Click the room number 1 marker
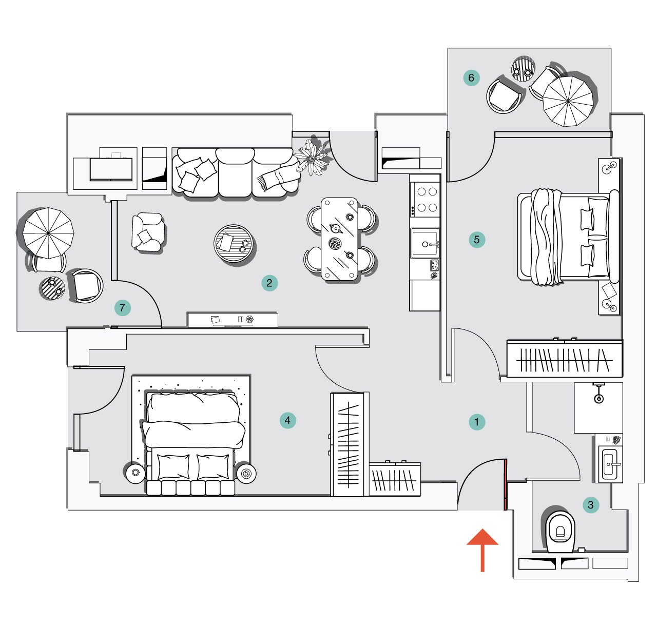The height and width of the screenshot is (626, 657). coord(477,422)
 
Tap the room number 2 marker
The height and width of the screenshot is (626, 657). coord(269,283)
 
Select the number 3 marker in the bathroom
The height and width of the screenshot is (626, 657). coord(591,504)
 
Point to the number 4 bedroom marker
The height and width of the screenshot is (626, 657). coord(287,420)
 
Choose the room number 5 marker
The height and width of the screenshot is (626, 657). coord(477,239)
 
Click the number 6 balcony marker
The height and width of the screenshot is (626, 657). coord(471,78)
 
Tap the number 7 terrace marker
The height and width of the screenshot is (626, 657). coord(122,308)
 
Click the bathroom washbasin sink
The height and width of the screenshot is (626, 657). coord(610,464)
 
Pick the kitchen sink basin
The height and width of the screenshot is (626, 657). coord(424,243)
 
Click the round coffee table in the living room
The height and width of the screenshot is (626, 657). coord(234,243)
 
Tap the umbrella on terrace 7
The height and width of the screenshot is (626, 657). coord(48,233)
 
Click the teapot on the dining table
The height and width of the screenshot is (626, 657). coord(336,228)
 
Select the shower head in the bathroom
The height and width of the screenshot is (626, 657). coord(598,398)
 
